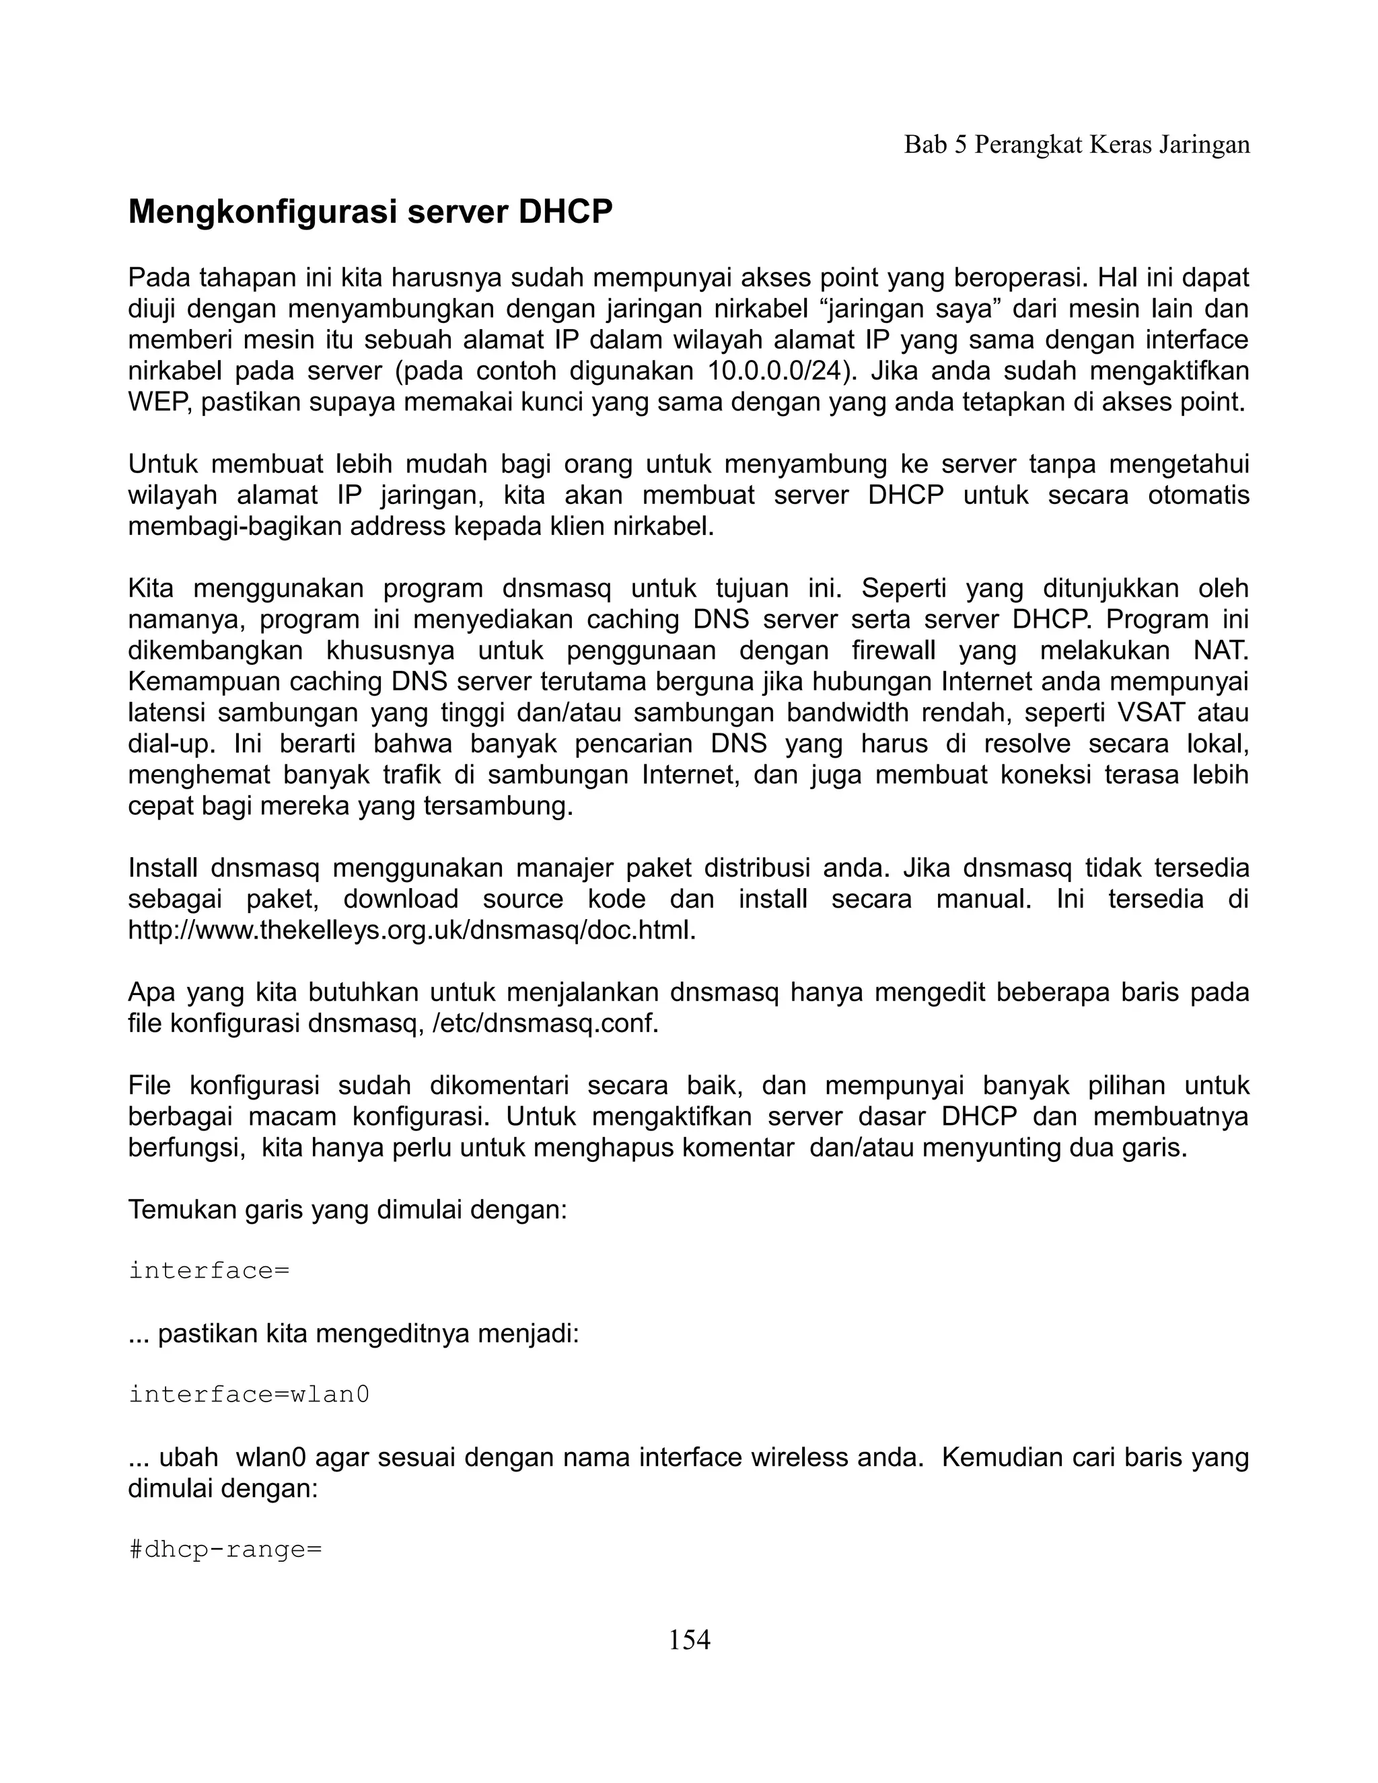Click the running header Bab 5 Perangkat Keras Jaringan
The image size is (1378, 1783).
[1077, 145]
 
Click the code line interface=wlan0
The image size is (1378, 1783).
[249, 1393]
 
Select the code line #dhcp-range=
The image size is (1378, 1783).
[225, 1549]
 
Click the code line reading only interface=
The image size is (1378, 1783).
[209, 1270]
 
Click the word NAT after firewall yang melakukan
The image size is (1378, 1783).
[1221, 651]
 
